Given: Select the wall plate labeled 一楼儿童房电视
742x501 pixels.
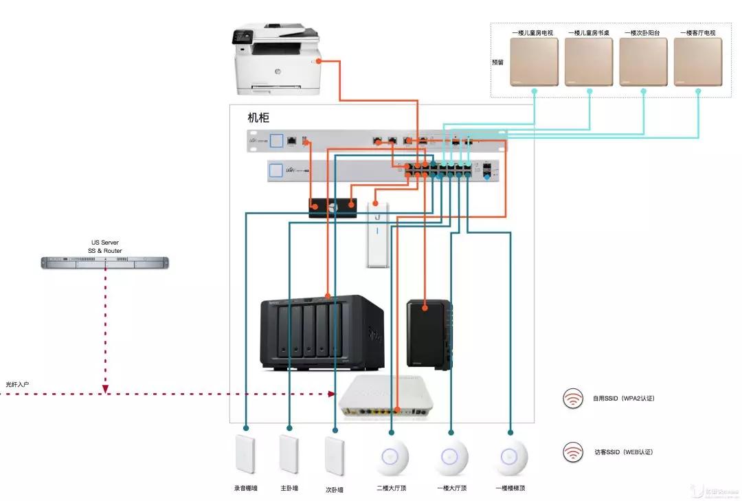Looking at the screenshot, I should point(534,62).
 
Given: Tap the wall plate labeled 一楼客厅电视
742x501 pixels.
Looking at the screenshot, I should point(697,62).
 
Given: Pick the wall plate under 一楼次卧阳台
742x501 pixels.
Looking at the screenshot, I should point(643,62).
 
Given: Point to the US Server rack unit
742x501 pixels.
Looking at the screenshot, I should point(104,262).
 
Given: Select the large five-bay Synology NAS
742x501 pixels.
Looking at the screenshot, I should point(321,334).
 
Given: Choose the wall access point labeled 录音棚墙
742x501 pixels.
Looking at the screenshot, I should point(245,454).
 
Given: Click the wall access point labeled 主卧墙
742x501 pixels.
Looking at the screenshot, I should point(289,454).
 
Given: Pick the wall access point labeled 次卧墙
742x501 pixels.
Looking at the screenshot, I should point(335,454).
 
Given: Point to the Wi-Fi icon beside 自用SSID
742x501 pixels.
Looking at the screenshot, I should point(572,399).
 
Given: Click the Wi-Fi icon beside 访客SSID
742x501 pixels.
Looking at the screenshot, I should point(572,452).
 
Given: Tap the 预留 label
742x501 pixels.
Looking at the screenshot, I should point(497,62).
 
